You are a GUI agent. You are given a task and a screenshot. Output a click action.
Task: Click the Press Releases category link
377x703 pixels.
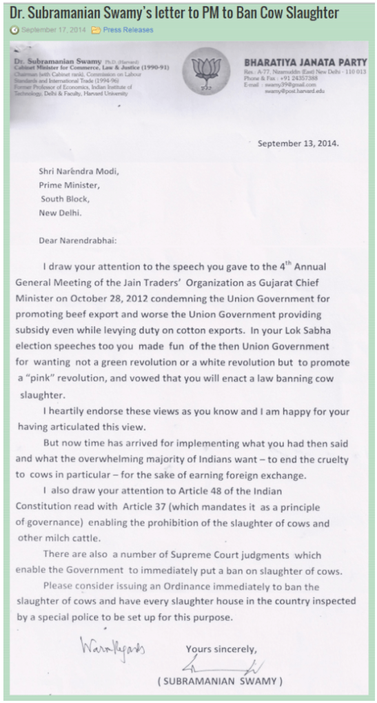coord(128,30)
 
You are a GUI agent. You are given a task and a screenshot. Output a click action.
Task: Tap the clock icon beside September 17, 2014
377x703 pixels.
coord(14,30)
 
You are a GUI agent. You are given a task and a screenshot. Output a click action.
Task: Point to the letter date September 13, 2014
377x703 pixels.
coord(298,143)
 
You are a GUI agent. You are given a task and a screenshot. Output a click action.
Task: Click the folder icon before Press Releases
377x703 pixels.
coord(96,30)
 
